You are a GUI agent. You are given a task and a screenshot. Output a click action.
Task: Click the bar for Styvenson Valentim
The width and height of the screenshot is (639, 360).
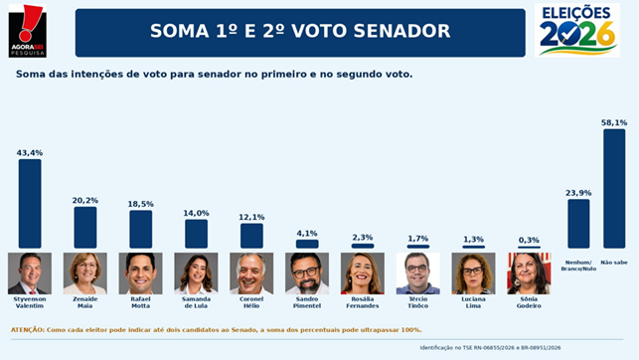30,204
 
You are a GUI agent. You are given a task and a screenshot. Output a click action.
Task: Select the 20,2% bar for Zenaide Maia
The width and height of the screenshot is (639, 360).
85,228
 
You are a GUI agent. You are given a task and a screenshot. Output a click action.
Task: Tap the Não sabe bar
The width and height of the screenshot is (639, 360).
614,189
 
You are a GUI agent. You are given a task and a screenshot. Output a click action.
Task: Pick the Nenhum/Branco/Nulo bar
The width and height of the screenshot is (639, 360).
578,224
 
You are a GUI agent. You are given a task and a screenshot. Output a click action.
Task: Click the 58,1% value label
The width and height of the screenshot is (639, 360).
614,122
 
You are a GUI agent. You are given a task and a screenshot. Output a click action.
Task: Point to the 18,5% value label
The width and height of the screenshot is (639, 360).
140,204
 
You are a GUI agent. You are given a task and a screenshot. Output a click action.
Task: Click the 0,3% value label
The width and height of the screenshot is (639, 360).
529,240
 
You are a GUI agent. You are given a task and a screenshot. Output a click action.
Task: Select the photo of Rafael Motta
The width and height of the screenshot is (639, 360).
140,273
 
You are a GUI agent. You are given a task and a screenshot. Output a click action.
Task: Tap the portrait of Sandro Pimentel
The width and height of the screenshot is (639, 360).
307,273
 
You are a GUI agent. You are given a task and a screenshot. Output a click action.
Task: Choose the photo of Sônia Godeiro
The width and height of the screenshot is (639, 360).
529,273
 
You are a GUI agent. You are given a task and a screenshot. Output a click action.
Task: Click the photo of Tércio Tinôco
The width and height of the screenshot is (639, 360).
418,273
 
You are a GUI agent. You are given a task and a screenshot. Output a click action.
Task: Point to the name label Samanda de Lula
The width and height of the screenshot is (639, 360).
196,302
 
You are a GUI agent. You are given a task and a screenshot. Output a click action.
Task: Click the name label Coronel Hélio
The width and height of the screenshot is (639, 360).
251,302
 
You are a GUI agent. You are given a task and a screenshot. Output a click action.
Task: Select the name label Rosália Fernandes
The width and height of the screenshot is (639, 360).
363,302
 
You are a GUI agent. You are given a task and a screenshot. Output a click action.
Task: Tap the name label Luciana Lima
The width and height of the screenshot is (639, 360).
474,302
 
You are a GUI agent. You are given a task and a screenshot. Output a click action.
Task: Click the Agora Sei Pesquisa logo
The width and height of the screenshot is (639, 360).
27,31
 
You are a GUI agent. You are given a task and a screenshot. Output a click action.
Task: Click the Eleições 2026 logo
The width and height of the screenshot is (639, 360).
577,30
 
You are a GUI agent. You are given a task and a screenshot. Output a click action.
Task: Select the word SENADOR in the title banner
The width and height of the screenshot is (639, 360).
401,31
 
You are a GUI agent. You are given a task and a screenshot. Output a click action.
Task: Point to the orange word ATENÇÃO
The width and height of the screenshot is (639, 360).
27,330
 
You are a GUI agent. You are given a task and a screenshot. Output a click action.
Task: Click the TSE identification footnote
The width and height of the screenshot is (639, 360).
490,348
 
